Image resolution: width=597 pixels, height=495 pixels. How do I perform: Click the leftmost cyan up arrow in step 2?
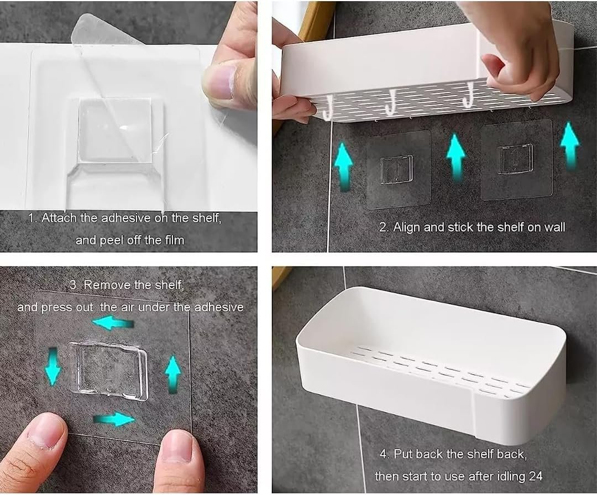(343, 166)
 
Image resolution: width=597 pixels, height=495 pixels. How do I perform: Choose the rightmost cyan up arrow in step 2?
(569, 146)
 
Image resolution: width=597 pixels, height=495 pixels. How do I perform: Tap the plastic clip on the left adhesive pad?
(397, 169)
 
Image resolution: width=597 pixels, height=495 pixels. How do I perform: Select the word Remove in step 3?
(107, 285)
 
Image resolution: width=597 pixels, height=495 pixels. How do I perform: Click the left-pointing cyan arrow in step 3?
(113, 324)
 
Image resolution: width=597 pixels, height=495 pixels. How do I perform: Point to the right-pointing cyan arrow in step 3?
(114, 420)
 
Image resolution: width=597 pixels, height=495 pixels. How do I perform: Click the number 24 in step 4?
(535, 476)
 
